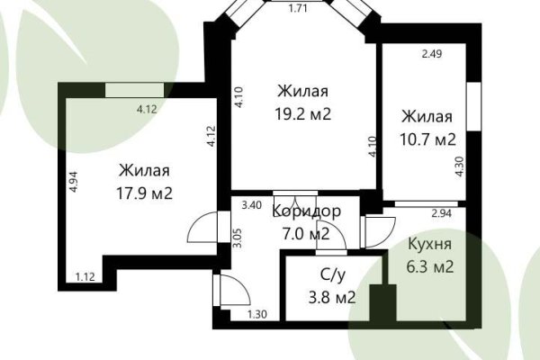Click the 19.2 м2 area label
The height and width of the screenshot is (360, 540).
click(302, 114)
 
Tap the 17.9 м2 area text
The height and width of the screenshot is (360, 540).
click(144, 193)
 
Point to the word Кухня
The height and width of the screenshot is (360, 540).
click(429, 244)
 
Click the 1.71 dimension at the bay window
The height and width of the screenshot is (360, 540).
click(298, 10)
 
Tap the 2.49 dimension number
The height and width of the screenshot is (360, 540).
click(434, 54)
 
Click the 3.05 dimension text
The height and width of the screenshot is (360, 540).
click(237, 238)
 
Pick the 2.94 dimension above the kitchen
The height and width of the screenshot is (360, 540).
click(441, 213)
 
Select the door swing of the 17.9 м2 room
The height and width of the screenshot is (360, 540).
click(202, 227)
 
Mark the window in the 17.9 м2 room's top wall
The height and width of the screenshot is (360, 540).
click(134, 88)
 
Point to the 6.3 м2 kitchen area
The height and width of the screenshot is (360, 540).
click(429, 266)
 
